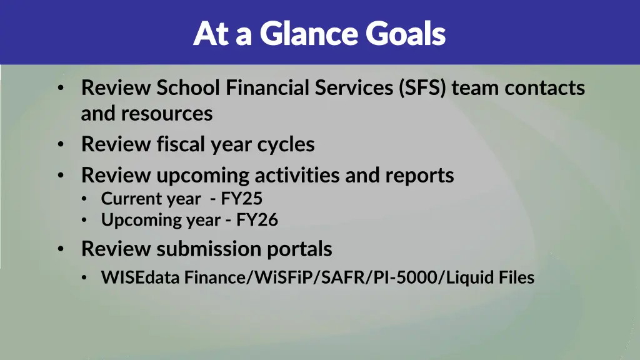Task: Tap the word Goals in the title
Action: click(x=406, y=34)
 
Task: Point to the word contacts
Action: click(x=544, y=88)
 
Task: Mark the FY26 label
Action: click(x=257, y=220)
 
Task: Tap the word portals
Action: click(x=300, y=249)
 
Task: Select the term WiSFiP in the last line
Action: click(x=286, y=277)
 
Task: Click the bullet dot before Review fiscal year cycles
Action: click(x=60, y=145)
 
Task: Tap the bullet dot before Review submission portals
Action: click(x=60, y=249)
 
